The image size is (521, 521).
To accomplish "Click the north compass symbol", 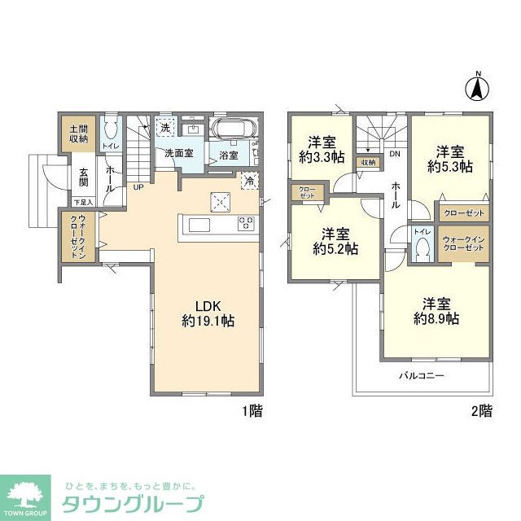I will pyautogui.click(x=479, y=86).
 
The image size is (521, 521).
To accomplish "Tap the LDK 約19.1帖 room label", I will pyautogui.click(x=208, y=313).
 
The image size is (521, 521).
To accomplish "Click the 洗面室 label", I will pyautogui.click(x=179, y=153).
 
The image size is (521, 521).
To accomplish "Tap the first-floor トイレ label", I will pyautogui.click(x=111, y=146).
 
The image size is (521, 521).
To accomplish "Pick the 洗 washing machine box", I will pyautogui.click(x=166, y=129).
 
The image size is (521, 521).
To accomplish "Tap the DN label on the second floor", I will pyautogui.click(x=394, y=153).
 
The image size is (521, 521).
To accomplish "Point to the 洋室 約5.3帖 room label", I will pyautogui.click(x=450, y=158).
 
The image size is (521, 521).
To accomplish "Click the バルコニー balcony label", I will pyautogui.click(x=421, y=377).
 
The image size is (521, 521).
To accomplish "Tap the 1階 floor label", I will pyautogui.click(x=251, y=411).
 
